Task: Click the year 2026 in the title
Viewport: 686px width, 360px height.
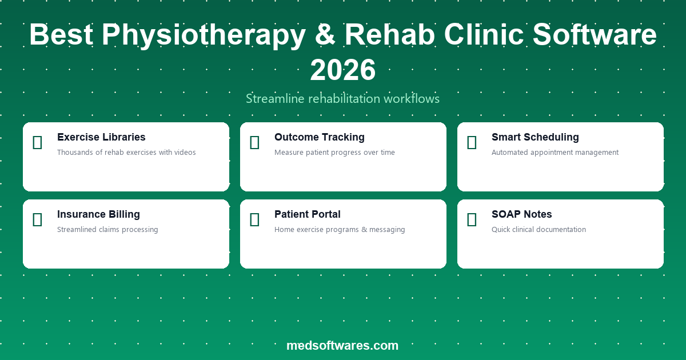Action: pos(343,70)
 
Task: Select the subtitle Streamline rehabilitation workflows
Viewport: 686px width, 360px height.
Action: pos(343,99)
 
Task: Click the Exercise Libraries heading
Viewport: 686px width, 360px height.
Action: pos(101,137)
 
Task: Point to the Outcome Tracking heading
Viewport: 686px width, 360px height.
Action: pos(319,137)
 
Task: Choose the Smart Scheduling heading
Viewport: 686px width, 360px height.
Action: pos(535,137)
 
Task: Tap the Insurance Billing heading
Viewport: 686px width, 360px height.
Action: pos(98,214)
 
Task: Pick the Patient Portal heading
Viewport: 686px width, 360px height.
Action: pos(307,214)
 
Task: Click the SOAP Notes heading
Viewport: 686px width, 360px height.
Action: pos(521,214)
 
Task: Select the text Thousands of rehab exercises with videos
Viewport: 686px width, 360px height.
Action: pos(126,153)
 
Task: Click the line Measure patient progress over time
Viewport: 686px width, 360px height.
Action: pos(334,153)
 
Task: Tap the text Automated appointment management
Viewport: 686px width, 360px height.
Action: pos(555,153)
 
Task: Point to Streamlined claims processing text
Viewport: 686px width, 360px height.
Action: pos(107,230)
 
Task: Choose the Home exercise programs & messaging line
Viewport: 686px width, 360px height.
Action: pos(340,230)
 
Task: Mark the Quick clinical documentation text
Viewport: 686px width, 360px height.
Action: pos(539,230)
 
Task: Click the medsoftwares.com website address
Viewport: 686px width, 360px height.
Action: pos(342,345)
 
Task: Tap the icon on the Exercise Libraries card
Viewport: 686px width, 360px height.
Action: pos(37,142)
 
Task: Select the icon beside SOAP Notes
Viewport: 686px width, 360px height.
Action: pos(472,219)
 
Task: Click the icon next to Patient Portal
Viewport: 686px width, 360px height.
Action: pos(254,219)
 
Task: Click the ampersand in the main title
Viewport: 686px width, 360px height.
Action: pos(325,35)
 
